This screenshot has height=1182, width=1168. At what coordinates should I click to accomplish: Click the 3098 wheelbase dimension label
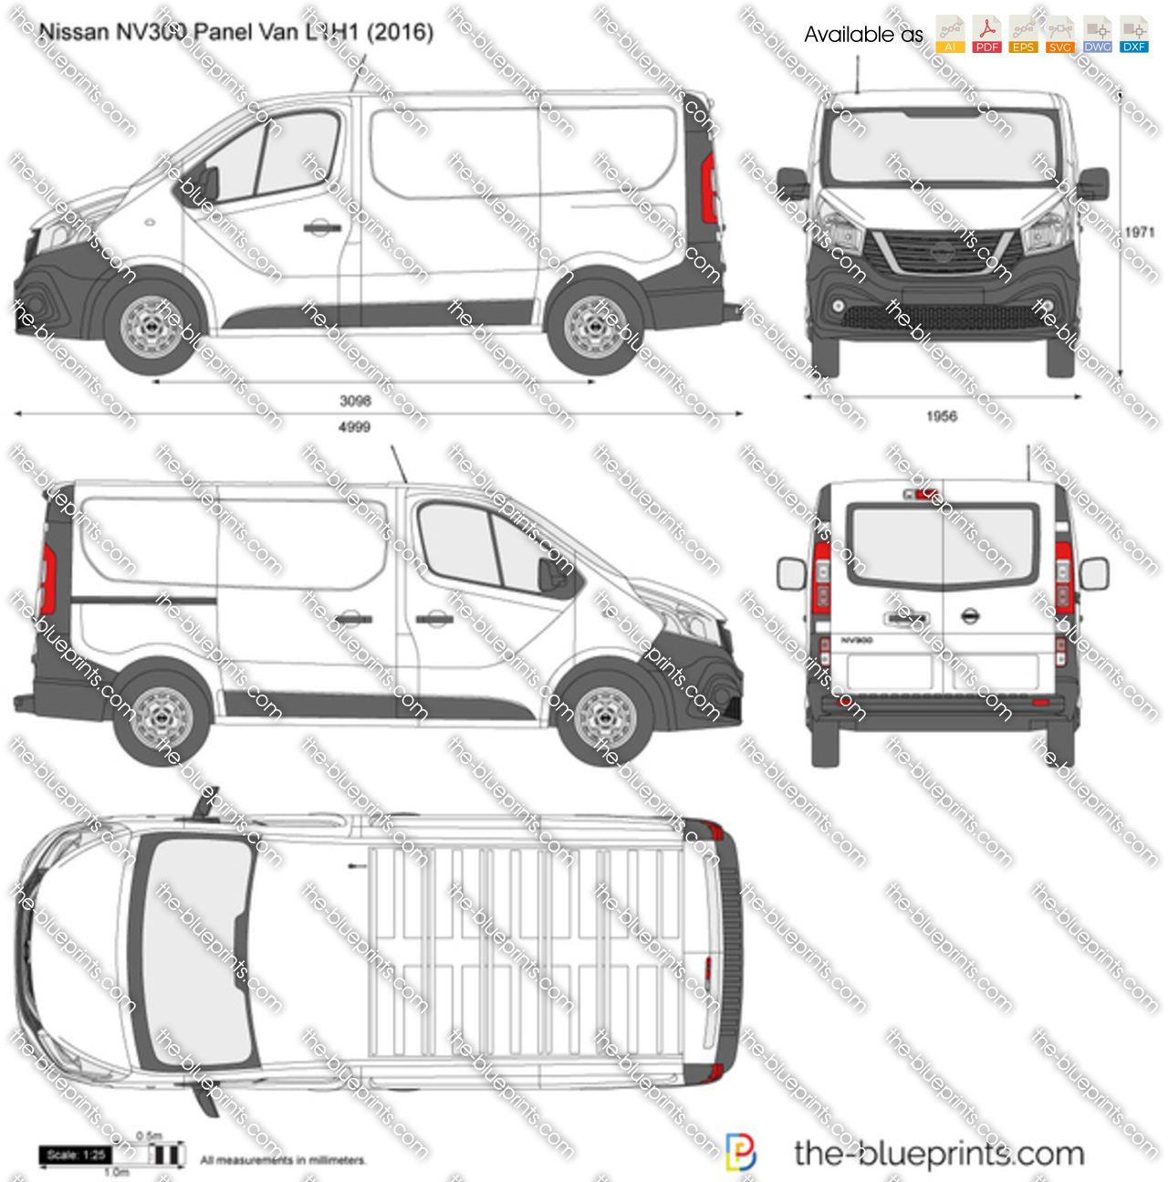(355, 401)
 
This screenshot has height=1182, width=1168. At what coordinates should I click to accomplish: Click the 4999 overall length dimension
(355, 427)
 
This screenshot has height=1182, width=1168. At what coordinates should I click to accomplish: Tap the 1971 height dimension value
(1139, 233)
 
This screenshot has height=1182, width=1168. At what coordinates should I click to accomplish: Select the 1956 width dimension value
(942, 416)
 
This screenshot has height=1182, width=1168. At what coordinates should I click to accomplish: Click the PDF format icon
(986, 35)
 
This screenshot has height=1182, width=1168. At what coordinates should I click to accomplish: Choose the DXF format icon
(1133, 35)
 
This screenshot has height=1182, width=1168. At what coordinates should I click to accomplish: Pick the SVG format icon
(1059, 35)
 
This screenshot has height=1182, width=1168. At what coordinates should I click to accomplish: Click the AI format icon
(950, 35)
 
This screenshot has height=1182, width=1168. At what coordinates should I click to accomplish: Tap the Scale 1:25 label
(76, 1155)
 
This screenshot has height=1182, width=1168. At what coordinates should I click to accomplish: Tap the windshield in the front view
(942, 146)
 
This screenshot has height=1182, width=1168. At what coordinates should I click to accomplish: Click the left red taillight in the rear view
(821, 577)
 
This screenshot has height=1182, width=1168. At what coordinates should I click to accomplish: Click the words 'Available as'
(863, 35)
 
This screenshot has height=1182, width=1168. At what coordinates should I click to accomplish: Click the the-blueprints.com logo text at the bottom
(938, 1154)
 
